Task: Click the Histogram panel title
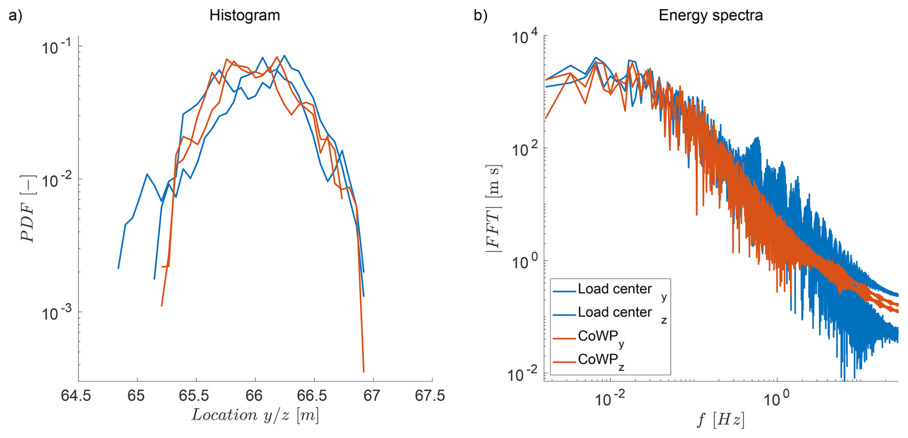click(244, 15)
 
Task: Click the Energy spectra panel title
click(710, 15)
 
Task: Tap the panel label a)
click(15, 15)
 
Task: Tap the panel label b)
click(480, 15)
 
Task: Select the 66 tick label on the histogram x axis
click(254, 396)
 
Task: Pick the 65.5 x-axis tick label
click(195, 396)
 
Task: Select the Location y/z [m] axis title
click(255, 415)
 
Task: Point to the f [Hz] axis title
click(721, 420)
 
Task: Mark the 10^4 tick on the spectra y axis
click(525, 36)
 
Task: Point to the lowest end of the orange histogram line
click(364, 371)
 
